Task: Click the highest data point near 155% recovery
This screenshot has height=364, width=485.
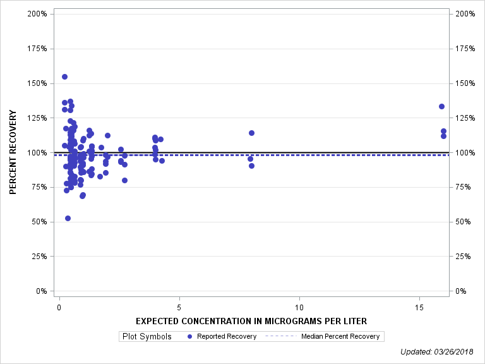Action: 64,77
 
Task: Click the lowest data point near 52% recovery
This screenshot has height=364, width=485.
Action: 68,218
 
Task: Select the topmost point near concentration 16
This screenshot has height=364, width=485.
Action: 441,106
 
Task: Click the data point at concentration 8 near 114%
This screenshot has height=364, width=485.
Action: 251,133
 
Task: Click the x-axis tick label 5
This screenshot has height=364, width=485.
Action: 179,308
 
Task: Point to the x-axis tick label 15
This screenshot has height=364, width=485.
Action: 419,308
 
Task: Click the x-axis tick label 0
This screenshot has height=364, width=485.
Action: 59,308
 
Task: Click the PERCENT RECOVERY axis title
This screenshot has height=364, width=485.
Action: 13,152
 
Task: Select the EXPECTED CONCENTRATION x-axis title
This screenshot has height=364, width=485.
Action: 251,321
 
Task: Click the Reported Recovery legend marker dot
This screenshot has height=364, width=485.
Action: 190,336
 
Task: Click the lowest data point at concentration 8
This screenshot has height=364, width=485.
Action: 251,166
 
